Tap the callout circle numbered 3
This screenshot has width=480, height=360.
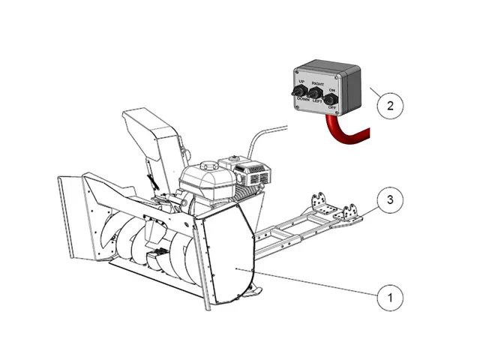tap(388, 201)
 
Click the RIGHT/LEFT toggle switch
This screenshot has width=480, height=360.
tap(314, 94)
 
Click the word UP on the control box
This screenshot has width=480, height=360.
tap(301, 81)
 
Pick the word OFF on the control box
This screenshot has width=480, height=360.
tap(331, 109)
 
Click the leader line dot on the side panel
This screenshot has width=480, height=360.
tap(236, 268)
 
